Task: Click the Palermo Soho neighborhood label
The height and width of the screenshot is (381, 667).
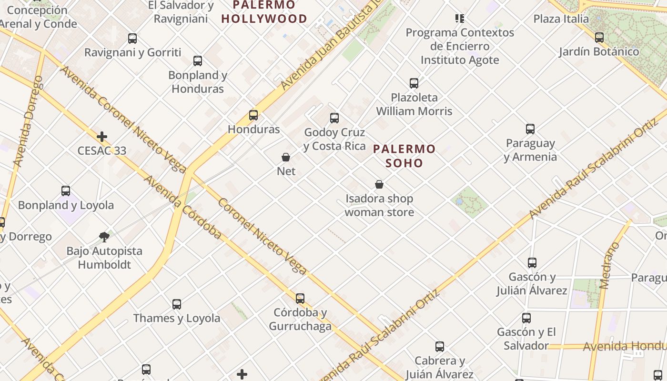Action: click(404, 156)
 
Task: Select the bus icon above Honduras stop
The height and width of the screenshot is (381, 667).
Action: click(253, 115)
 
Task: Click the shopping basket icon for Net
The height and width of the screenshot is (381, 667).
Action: click(286, 157)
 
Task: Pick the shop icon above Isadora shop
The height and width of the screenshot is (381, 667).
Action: click(379, 184)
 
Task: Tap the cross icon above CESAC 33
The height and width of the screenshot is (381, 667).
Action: click(102, 137)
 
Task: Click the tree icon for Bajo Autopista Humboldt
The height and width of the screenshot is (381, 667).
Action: click(104, 237)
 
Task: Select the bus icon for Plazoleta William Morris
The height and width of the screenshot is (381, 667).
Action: click(414, 83)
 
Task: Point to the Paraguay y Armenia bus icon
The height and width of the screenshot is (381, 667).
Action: click(530, 129)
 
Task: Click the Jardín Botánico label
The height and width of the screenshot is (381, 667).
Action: click(599, 51)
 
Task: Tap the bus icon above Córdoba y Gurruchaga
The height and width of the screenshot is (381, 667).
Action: click(300, 299)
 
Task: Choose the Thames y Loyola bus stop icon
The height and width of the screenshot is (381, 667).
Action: click(177, 304)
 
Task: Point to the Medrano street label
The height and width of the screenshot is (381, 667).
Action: click(610, 265)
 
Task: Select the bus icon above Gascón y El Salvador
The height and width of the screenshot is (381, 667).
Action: click(526, 318)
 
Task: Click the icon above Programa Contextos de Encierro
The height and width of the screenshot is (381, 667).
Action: click(460, 19)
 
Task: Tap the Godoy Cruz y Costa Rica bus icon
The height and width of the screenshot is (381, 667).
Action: click(334, 118)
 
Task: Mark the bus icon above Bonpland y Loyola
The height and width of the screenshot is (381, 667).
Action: click(66, 191)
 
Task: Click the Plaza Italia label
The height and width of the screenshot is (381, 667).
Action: click(561, 19)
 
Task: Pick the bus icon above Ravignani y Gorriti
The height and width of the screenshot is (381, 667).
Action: click(132, 39)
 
